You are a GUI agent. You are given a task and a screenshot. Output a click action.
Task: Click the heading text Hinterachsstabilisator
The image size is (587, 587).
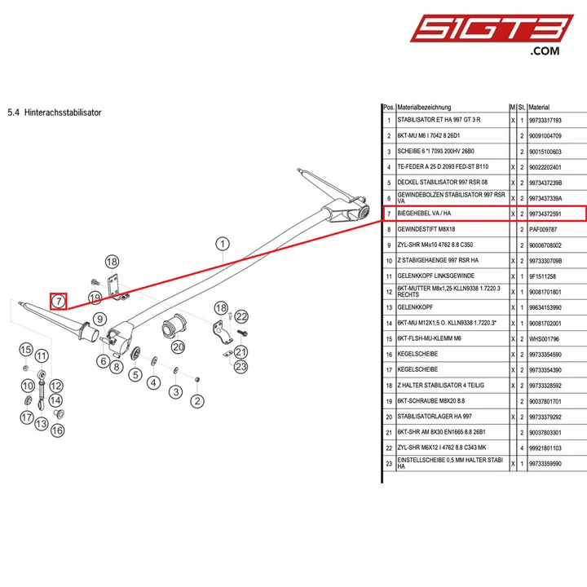(x=63, y=113)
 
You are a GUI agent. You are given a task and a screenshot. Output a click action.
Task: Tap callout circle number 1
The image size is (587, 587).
(x=223, y=244)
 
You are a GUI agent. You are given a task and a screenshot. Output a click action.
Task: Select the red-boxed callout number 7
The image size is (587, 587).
(x=59, y=301)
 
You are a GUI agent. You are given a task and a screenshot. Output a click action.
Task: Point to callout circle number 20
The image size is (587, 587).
(x=179, y=346)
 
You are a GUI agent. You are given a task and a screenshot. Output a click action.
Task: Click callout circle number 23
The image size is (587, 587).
(x=241, y=367)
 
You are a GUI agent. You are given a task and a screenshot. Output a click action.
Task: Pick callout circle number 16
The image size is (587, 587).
(x=57, y=430)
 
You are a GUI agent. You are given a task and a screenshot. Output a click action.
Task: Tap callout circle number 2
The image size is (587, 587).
(x=197, y=401)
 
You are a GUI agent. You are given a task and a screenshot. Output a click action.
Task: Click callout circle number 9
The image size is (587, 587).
(x=99, y=320)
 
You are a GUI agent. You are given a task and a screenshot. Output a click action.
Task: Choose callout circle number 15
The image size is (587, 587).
(x=26, y=350)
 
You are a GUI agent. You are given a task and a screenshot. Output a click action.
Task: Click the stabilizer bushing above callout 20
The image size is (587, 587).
(x=174, y=328)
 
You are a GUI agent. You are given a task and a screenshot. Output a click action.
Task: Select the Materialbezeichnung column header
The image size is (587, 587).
(x=424, y=107)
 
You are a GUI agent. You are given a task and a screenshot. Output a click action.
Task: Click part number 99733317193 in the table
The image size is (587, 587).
(x=545, y=121)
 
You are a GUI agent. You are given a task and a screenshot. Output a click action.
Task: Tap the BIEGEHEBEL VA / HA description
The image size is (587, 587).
(x=424, y=214)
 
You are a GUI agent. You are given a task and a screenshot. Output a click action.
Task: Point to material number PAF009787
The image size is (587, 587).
(x=543, y=229)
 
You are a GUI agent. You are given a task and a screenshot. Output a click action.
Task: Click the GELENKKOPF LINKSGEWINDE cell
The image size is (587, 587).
(x=435, y=276)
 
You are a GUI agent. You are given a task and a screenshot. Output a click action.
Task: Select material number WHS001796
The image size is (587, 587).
(x=544, y=339)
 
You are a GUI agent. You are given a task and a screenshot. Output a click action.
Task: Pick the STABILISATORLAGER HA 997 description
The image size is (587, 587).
(x=435, y=417)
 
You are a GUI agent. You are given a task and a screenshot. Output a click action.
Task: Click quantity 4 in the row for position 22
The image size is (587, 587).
(x=522, y=448)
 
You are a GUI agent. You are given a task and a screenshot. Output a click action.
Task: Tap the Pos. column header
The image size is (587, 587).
(x=389, y=107)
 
